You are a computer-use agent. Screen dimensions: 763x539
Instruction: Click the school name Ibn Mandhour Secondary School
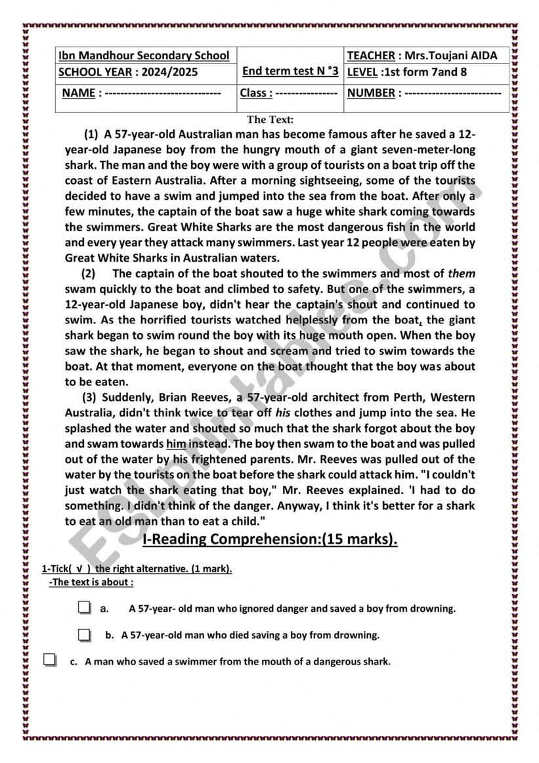[144, 56]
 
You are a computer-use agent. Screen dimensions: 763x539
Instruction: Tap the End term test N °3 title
[290, 71]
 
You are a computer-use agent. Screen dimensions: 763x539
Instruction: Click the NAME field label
[79, 93]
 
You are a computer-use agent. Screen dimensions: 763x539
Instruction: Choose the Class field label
[255, 93]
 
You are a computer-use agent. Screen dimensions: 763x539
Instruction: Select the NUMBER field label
[371, 93]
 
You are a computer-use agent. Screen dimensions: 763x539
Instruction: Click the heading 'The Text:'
[270, 120]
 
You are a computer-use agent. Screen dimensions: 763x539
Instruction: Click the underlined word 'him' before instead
[177, 444]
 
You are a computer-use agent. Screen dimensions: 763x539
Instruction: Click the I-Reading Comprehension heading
[270, 540]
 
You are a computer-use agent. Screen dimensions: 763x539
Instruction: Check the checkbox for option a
[83, 609]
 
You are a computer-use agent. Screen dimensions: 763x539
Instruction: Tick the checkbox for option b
[83, 636]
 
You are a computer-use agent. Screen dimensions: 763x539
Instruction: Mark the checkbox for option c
[51, 660]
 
